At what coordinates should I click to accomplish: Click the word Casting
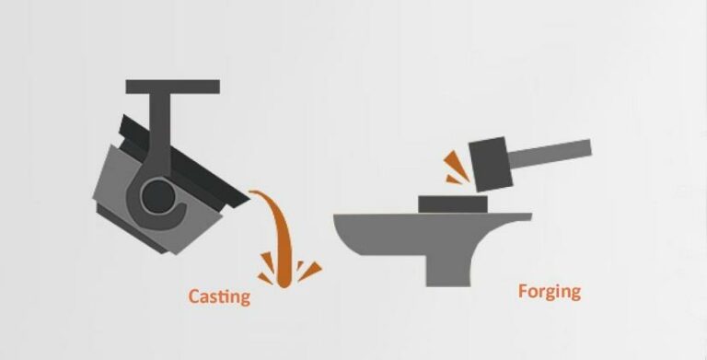[x=219, y=297]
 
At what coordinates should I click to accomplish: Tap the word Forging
[x=550, y=293]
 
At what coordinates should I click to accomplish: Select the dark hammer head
[x=491, y=164]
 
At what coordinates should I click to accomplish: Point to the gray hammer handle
[x=551, y=153]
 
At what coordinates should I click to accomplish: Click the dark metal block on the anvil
[x=453, y=203]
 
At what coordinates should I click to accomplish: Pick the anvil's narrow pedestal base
[x=448, y=270]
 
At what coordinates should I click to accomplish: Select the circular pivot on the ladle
[x=157, y=196]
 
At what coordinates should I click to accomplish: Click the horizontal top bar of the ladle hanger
[x=173, y=87]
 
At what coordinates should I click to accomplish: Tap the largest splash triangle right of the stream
[x=309, y=271]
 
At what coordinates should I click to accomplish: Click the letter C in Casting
[x=194, y=296]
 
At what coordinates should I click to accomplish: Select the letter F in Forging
[x=524, y=291]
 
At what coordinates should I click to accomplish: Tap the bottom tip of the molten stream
[x=283, y=285]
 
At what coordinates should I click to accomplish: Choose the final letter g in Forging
[x=574, y=295]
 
